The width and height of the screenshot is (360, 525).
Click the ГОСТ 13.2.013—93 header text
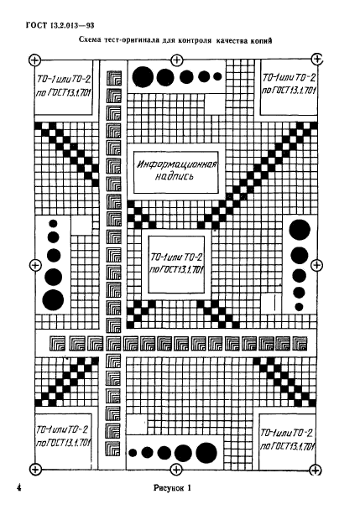(60, 25)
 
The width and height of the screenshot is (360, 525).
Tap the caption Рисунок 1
(172, 488)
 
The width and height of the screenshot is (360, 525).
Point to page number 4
(19, 487)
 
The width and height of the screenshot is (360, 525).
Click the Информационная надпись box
(176, 172)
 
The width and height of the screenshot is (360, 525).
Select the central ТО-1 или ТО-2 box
(176, 264)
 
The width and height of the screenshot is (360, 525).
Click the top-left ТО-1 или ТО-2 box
(63, 87)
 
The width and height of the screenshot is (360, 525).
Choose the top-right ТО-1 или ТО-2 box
(289, 87)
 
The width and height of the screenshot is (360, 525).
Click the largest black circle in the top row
(143, 77)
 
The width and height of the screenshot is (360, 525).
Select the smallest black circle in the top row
(217, 76)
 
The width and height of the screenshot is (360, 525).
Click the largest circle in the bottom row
(206, 453)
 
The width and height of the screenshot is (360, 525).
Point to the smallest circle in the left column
(53, 223)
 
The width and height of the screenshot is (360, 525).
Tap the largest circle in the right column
(300, 230)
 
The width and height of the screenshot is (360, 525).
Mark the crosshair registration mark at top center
(176, 60)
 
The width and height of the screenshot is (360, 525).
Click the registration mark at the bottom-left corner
(35, 469)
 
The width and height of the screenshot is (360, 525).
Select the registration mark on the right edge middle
(316, 265)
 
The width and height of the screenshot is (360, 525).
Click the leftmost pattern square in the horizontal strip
(58, 344)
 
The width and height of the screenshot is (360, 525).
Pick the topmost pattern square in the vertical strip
(114, 78)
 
